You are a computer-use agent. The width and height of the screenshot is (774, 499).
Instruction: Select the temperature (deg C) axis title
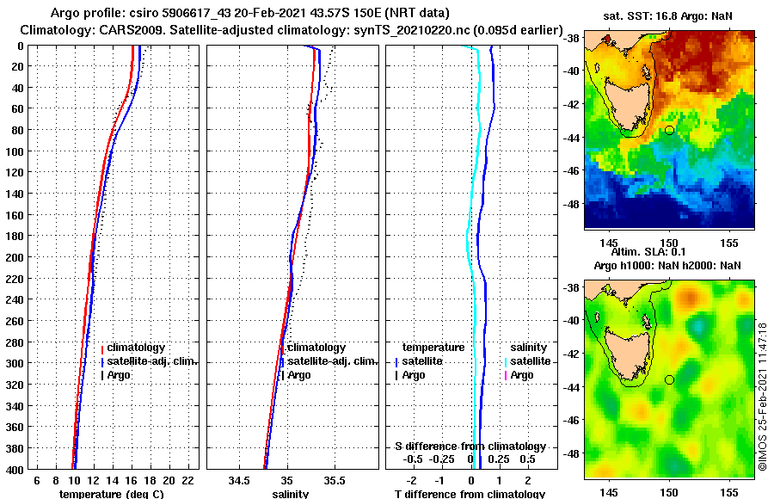pyautogui.click(x=111, y=494)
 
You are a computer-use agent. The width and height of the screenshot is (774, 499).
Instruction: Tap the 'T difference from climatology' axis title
pyautogui.click(x=470, y=494)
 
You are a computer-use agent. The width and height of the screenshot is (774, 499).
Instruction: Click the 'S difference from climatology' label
pyautogui.click(x=470, y=447)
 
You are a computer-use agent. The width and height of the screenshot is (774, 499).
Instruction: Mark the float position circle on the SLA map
pyautogui.click(x=669, y=379)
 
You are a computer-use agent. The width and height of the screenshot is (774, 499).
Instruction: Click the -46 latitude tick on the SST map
pyautogui.click(x=572, y=171)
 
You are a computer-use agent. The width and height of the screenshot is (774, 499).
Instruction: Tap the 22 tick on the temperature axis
pyautogui.click(x=188, y=479)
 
